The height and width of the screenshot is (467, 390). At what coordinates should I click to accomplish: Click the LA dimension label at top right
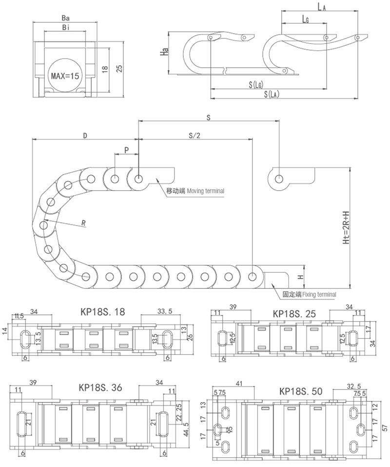click(x=321, y=6)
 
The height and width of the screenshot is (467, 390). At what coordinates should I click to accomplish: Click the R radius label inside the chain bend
click(x=84, y=224)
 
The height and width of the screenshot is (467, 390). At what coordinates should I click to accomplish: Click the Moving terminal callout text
click(x=195, y=191)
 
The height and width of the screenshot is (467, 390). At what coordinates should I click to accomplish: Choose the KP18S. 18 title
click(x=101, y=312)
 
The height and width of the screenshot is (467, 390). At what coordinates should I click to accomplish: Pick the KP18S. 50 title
click(x=301, y=391)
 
